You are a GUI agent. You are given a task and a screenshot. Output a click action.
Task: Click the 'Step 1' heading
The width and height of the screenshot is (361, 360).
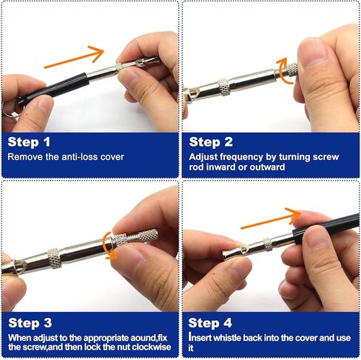point(29,142)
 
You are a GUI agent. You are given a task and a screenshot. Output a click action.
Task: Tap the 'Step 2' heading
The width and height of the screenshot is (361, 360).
point(211,142)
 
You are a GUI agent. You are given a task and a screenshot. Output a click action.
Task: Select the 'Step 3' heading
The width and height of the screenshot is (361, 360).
point(30,323)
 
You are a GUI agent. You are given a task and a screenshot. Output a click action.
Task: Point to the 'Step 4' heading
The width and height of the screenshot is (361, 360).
point(210,323)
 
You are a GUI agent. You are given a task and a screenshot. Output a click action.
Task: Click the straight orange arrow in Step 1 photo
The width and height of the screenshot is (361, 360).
point(74,57)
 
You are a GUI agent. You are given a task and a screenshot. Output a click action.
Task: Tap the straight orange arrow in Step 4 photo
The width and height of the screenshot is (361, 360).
point(271,219)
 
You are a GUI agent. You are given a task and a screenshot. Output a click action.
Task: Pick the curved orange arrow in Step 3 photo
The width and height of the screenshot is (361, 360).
point(105,245)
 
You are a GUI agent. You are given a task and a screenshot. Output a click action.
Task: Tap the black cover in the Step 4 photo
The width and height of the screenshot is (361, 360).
point(325,227)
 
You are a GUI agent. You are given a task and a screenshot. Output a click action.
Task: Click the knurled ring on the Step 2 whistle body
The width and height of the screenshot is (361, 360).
point(224,87)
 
